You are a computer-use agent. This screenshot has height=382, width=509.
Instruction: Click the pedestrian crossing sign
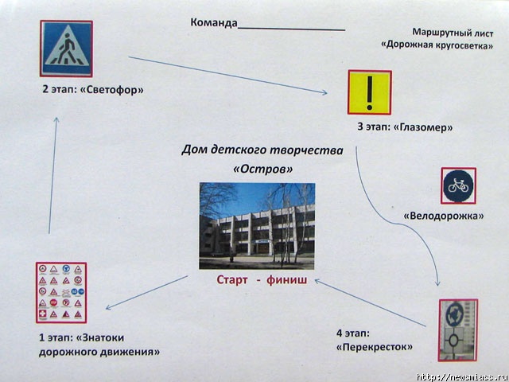(66, 49)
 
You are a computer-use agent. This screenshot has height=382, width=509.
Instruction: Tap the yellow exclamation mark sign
(369, 92)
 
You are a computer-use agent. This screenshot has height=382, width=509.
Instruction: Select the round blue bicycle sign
(458, 186)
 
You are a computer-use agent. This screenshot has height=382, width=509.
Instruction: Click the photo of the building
(257, 225)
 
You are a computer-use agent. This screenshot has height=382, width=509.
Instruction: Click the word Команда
(214, 21)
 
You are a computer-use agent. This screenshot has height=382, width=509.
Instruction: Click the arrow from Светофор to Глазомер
(231, 76)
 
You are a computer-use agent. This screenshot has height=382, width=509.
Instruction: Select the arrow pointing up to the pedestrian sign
(53, 175)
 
